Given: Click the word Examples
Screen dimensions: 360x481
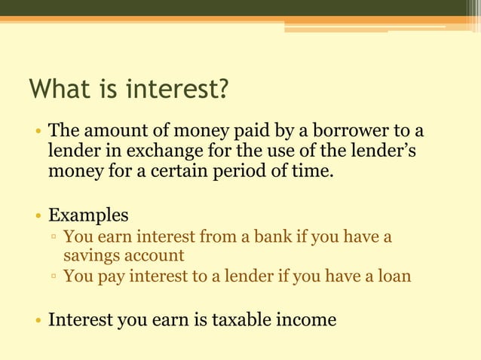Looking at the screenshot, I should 88,215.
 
